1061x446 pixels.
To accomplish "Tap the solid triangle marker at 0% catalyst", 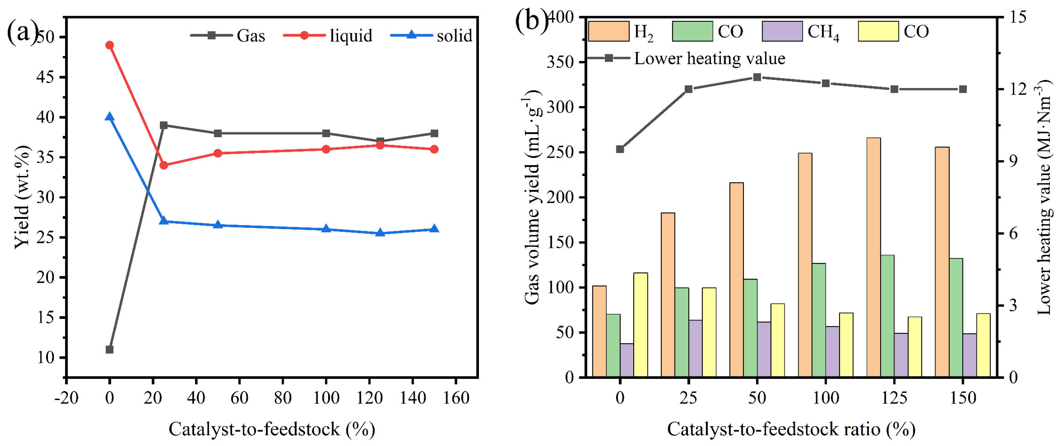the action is click(x=109, y=117).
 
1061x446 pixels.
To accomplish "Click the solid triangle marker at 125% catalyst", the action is click(x=380, y=233).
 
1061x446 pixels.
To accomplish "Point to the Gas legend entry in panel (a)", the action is click(x=228, y=35).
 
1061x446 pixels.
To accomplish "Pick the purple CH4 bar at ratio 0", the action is click(x=627, y=360).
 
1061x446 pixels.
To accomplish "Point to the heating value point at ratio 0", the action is click(x=620, y=149).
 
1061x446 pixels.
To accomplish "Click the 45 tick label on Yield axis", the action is click(x=46, y=78).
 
